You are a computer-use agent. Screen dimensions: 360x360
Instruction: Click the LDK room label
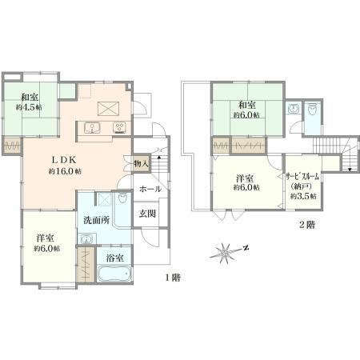pyautogui.click(x=64, y=160)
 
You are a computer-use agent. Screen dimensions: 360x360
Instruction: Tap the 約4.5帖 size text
pyautogui.click(x=29, y=107)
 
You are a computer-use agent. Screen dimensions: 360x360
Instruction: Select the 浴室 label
pyautogui.click(x=114, y=258)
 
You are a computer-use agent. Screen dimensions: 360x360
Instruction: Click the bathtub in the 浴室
pyautogui.click(x=114, y=274)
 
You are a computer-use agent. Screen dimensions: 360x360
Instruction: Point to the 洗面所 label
pyautogui.click(x=96, y=220)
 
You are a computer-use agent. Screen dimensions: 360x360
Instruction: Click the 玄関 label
pyautogui.click(x=147, y=214)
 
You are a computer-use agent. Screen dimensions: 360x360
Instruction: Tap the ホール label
pyautogui.click(x=150, y=189)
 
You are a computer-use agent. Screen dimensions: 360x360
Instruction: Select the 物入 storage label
pyautogui.click(x=141, y=163)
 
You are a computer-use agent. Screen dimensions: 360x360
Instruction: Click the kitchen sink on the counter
pyautogui.click(x=92, y=128)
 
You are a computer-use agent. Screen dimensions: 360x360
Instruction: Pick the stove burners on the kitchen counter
pyautogui.click(x=119, y=127)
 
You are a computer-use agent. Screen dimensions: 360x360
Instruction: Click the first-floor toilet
pyautogui.click(x=122, y=198)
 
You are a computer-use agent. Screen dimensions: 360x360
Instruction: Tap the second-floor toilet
pyautogui.click(x=311, y=110)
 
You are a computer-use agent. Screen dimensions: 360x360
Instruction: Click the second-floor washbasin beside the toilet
pyautogui.click(x=294, y=109)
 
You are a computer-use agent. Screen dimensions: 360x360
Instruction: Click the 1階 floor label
pyautogui.click(x=173, y=278)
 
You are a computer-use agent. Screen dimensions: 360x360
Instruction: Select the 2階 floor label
pyautogui.click(x=307, y=225)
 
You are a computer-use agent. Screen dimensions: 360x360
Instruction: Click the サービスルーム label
pyautogui.click(x=302, y=176)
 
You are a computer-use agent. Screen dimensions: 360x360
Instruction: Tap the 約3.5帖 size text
pyautogui.click(x=303, y=196)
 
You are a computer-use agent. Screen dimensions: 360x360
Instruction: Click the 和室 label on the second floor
pyautogui.click(x=247, y=105)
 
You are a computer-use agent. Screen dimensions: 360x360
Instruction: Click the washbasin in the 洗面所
pyautogui.click(x=86, y=239)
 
